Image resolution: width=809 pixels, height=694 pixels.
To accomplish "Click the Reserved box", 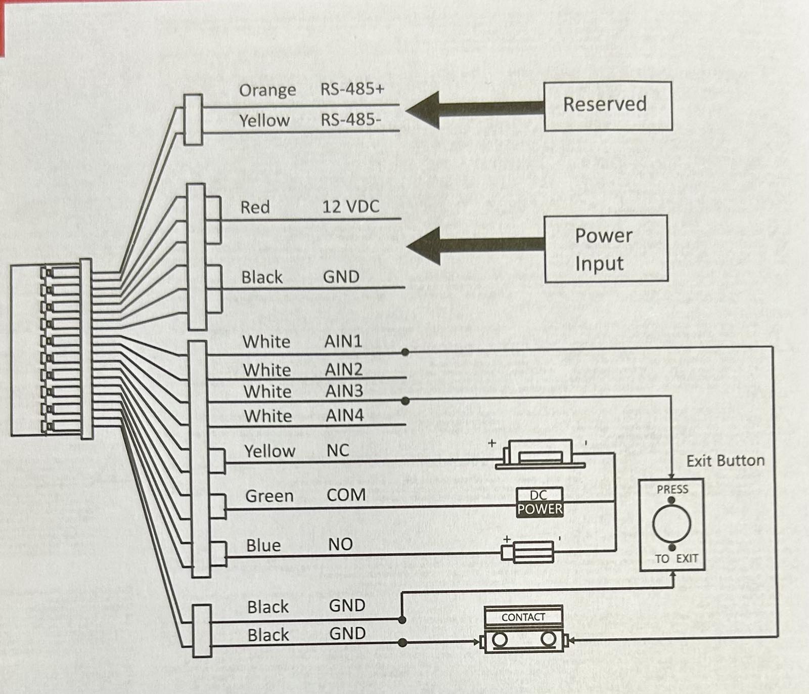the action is pyautogui.click(x=608, y=106).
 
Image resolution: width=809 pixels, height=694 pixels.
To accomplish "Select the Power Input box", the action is pyautogui.click(x=606, y=249).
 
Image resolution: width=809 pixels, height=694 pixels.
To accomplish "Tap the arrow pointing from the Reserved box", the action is pyautogui.click(x=475, y=109).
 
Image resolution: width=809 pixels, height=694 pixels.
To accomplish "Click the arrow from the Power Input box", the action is pyautogui.click(x=476, y=246).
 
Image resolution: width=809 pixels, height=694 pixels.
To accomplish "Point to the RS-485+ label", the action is pyautogui.click(x=352, y=89).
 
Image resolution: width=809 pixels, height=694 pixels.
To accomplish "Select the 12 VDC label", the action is pyautogui.click(x=351, y=206).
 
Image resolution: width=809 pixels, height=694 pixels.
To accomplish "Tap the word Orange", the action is pyautogui.click(x=267, y=91).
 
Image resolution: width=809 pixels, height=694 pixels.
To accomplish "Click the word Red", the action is pyautogui.click(x=255, y=207).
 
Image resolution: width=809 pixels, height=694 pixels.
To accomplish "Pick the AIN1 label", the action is pyautogui.click(x=343, y=341).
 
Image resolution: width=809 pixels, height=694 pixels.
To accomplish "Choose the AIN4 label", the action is pyautogui.click(x=345, y=416).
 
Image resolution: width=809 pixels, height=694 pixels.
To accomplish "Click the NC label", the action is pyautogui.click(x=338, y=450).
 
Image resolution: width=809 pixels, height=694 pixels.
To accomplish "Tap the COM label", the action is pyautogui.click(x=346, y=495).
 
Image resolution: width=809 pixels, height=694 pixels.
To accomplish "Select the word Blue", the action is pyautogui.click(x=263, y=545).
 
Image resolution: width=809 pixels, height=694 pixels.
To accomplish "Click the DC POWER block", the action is pyautogui.click(x=540, y=503).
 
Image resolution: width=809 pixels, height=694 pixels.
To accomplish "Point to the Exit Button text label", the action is pyautogui.click(x=726, y=461).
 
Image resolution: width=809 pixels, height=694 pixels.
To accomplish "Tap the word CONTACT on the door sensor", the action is pyautogui.click(x=523, y=617).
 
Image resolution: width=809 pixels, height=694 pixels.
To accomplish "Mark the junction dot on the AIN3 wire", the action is pyautogui.click(x=405, y=401).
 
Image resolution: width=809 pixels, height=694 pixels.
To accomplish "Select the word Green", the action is pyautogui.click(x=269, y=496).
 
